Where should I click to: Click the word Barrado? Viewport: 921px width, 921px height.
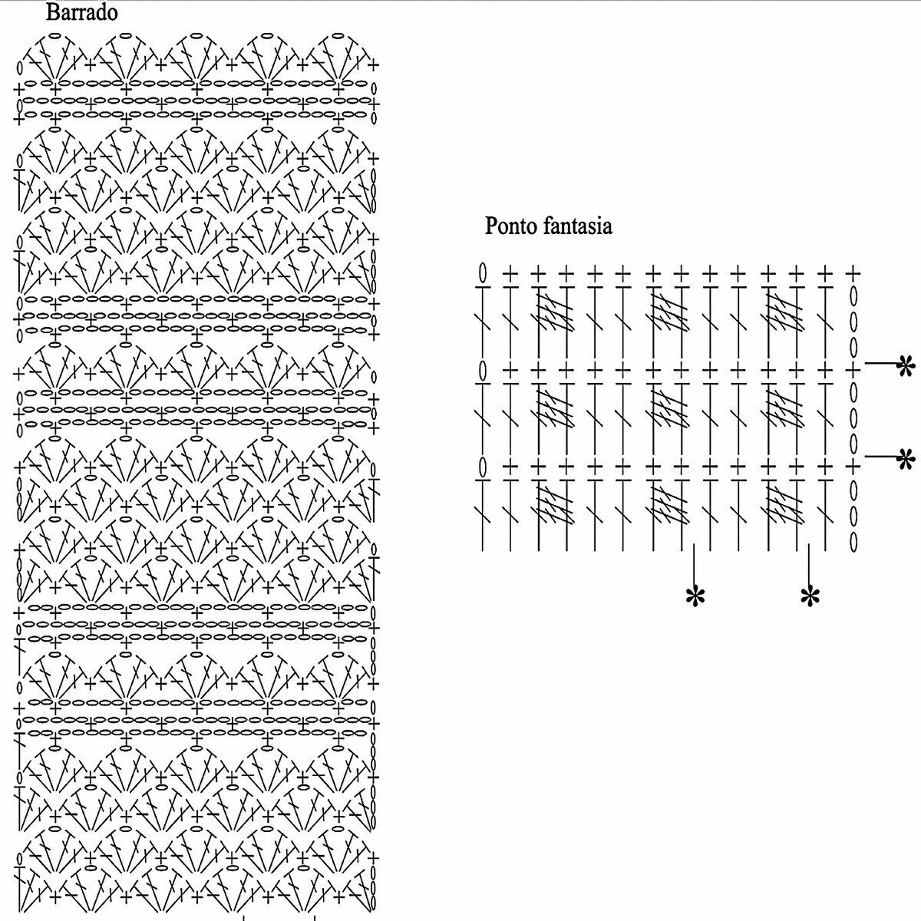tap(81, 12)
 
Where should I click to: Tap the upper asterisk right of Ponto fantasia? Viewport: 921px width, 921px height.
tap(906, 367)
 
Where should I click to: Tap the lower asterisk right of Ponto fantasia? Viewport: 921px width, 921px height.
tap(906, 459)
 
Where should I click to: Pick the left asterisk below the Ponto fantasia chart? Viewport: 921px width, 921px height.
tap(695, 596)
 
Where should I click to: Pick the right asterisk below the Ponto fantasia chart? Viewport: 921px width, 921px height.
tap(810, 596)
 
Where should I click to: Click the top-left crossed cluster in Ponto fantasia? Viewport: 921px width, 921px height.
tap(554, 313)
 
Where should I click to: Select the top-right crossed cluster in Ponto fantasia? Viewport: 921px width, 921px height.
tap(784, 313)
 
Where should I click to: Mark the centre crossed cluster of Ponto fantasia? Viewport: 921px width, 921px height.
tap(668, 407)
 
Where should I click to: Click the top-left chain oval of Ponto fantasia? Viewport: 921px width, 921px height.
tap(483, 272)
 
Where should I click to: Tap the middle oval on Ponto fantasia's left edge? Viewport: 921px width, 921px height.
tap(483, 371)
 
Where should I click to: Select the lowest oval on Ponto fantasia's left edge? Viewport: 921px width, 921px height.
tap(483, 466)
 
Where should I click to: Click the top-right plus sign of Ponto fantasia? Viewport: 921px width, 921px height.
tap(853, 272)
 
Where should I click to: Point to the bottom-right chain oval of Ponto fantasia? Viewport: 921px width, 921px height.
tap(853, 540)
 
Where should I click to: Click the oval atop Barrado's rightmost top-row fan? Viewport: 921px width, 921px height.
tap(338, 35)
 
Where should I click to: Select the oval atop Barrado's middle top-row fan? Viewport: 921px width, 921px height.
tap(196, 35)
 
